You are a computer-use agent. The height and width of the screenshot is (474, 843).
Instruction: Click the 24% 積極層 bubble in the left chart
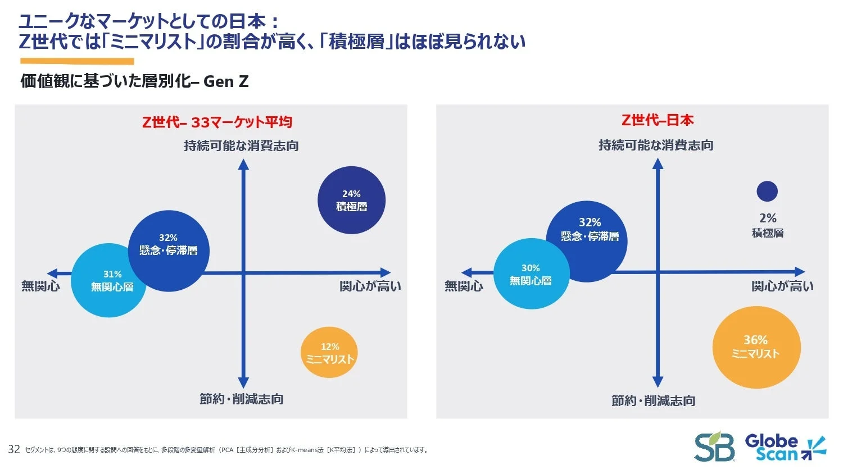click(x=351, y=200)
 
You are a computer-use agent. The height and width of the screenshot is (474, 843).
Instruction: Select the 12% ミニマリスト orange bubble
click(x=329, y=353)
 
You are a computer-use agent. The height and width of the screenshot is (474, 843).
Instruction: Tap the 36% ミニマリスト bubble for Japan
click(x=756, y=347)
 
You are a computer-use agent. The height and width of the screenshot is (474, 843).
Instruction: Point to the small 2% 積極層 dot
click(x=767, y=192)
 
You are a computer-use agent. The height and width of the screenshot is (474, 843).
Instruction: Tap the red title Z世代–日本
click(x=657, y=120)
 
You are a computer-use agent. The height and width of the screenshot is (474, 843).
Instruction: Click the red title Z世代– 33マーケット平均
click(x=217, y=122)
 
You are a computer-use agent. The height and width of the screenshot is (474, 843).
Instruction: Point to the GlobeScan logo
click(x=785, y=448)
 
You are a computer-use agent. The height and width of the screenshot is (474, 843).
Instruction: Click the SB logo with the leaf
click(x=714, y=447)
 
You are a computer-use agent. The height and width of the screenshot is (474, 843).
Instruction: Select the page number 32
click(x=14, y=449)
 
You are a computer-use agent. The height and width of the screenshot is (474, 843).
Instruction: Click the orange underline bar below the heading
click(x=77, y=61)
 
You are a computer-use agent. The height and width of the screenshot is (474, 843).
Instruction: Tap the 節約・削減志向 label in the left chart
click(x=242, y=399)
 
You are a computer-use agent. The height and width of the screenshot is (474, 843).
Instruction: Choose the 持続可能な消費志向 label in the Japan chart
click(x=656, y=145)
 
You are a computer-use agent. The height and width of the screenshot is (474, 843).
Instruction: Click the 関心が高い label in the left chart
click(x=370, y=286)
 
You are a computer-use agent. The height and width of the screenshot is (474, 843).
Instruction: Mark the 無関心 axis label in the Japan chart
click(x=464, y=286)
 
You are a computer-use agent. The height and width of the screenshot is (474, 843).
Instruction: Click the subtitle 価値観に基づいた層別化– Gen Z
click(x=134, y=81)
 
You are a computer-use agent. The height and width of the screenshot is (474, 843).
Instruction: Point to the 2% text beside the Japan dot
click(x=768, y=218)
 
